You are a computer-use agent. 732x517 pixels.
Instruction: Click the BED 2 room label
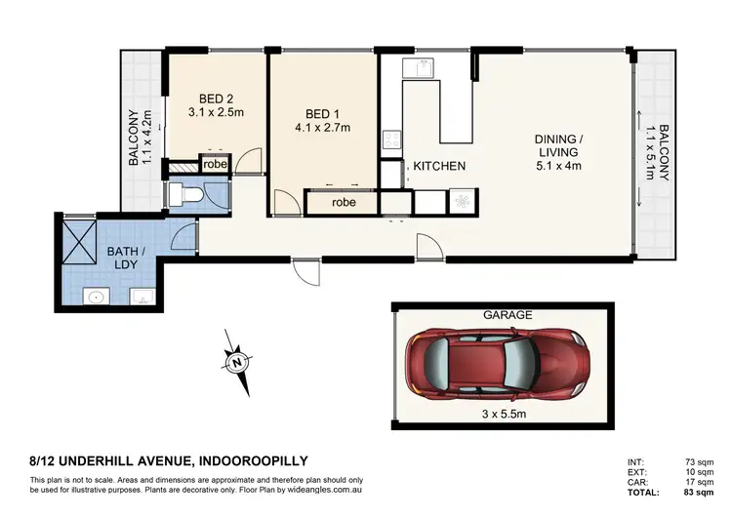[x=217, y=99]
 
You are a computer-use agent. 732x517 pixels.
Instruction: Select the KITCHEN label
[x=439, y=167]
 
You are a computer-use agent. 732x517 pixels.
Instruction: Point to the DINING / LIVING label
[x=557, y=151]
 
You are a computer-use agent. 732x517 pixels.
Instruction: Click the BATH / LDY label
[x=126, y=257]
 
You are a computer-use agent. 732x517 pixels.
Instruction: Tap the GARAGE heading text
[x=508, y=315]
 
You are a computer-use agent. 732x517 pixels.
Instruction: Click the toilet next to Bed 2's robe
[x=188, y=195]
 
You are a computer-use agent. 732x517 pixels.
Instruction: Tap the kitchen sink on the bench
[x=423, y=70]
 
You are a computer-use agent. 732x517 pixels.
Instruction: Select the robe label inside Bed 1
[x=343, y=203]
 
